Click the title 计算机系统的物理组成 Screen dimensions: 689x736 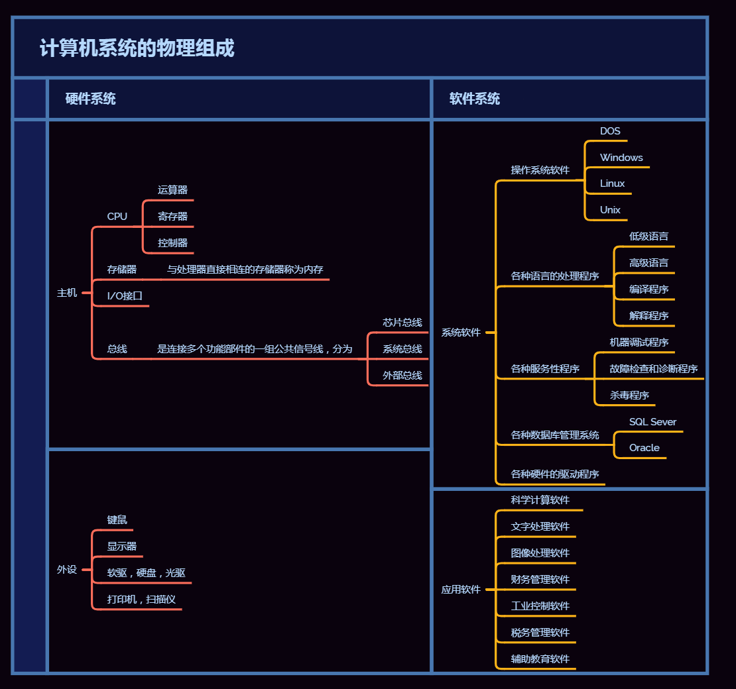click(x=137, y=48)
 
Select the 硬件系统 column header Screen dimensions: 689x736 click(x=91, y=99)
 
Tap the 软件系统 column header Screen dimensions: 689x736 click(x=475, y=99)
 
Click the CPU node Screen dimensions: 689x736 click(x=117, y=217)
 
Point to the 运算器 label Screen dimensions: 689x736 click(x=172, y=190)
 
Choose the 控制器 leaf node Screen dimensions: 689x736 click(x=172, y=243)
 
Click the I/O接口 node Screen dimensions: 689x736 click(x=125, y=296)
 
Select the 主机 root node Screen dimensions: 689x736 click(x=67, y=293)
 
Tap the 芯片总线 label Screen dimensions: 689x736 click(x=402, y=323)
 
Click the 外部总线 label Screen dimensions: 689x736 click(x=402, y=376)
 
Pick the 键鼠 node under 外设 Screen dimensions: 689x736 click(x=117, y=520)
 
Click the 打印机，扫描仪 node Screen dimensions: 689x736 click(x=141, y=600)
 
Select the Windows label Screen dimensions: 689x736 click(x=621, y=158)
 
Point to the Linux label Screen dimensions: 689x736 click(x=612, y=184)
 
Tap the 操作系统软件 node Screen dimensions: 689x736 click(x=540, y=170)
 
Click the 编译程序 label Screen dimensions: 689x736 click(x=648, y=290)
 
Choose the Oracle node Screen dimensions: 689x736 click(x=644, y=448)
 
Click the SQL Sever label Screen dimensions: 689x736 click(x=652, y=422)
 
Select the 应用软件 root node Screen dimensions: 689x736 click(x=461, y=590)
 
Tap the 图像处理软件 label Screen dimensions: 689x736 click(x=540, y=553)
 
